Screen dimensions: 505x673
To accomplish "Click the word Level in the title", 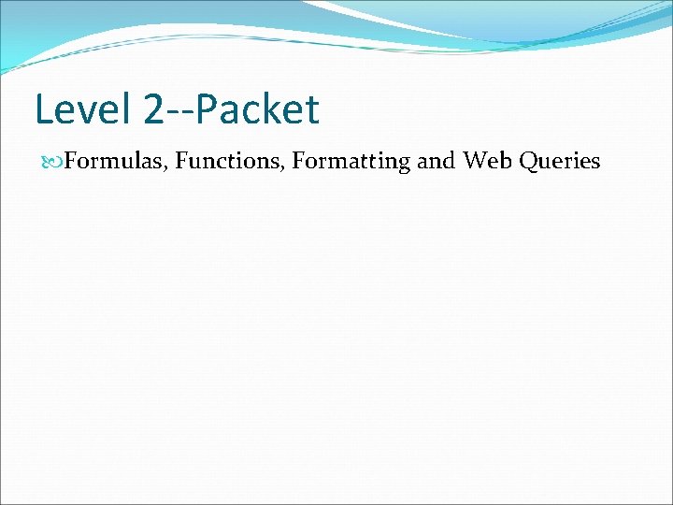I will [84, 109].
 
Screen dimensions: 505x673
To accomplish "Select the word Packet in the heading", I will [258, 109].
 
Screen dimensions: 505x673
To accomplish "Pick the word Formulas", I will [116, 162].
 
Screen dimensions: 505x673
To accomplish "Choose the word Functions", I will [229, 162].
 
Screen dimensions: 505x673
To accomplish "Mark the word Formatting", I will [351, 162].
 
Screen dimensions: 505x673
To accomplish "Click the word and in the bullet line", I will [436, 162].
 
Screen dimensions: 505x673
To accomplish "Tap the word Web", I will [486, 162].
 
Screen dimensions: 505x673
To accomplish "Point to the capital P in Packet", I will [208, 109].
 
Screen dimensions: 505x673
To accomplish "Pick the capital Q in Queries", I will [527, 162].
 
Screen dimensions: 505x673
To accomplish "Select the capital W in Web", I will [475, 162].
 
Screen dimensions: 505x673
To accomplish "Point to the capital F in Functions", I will [180, 162].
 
